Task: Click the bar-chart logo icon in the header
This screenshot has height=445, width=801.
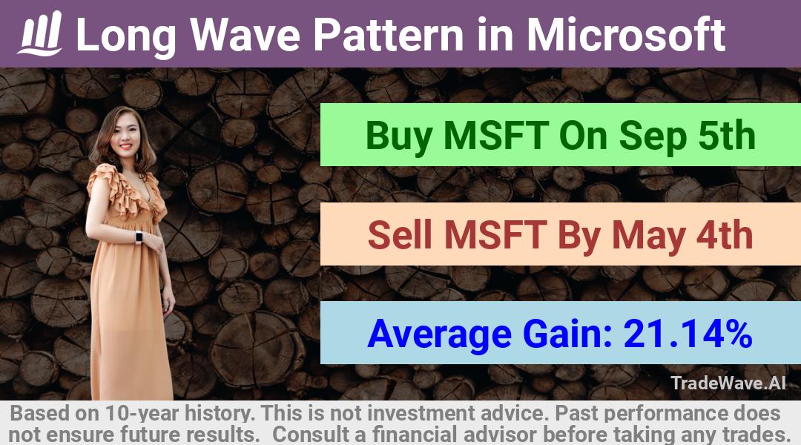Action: pyautogui.click(x=40, y=33)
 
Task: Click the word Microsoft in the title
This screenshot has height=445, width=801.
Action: pyautogui.click(x=626, y=34)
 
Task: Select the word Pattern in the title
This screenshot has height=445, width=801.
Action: pyautogui.click(x=389, y=35)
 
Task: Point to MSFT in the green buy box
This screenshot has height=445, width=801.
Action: pyautogui.click(x=496, y=136)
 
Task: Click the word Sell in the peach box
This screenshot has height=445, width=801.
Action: pyautogui.click(x=400, y=235)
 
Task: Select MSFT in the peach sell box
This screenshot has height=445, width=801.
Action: pyautogui.click(x=495, y=235)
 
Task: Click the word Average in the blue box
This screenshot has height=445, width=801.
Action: pyautogui.click(x=439, y=334)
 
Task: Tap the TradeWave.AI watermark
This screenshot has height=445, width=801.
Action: pyautogui.click(x=728, y=383)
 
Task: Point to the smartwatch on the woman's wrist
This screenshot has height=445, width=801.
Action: pyautogui.click(x=139, y=237)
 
